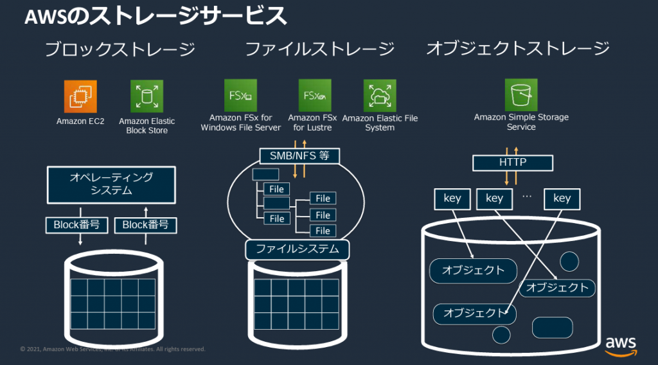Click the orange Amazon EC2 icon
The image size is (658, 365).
80,96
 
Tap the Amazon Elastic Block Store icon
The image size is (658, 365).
147,96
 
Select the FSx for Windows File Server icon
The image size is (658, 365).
240,96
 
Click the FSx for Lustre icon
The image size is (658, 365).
315,96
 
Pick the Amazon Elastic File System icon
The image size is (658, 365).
380,96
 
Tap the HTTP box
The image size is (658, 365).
512,163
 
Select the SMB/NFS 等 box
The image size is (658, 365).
299,156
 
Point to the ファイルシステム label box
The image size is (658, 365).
298,249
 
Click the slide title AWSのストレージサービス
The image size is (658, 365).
156,17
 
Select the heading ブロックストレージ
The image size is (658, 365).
120,49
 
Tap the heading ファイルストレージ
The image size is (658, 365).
319,49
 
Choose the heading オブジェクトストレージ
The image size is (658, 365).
518,49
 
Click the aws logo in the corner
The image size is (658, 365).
621,345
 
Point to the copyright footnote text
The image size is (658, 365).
112,349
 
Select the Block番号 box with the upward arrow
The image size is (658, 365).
145,225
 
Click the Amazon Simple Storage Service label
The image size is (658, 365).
521,122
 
